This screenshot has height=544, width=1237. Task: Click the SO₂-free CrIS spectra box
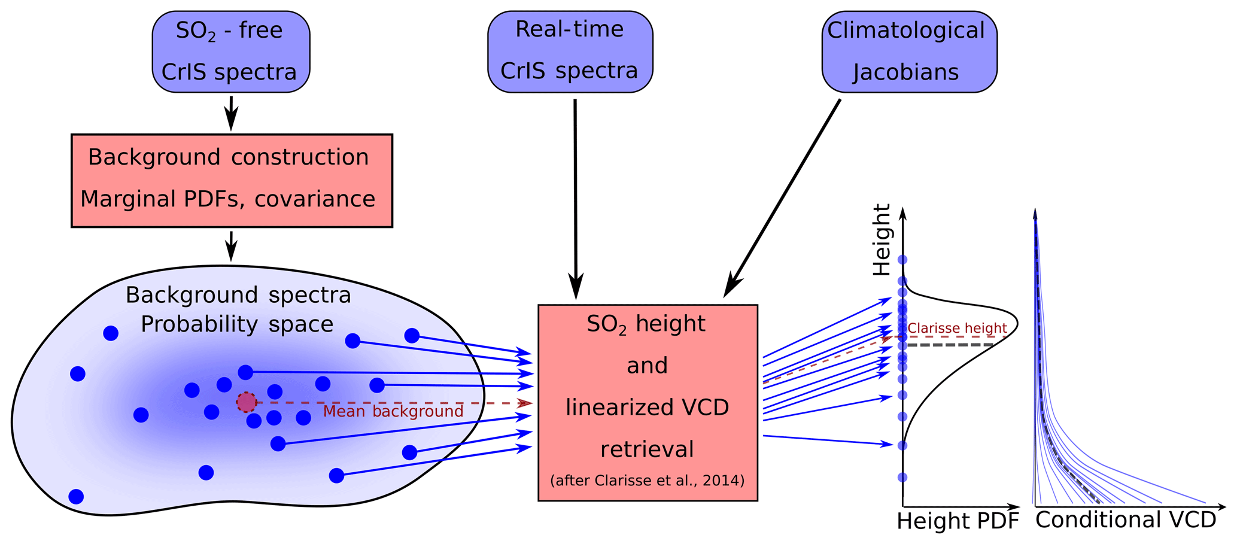[231, 51]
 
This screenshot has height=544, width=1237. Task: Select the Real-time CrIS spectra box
[570, 51]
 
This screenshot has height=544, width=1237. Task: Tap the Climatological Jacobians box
[909, 51]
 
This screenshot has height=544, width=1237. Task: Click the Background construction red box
[232, 181]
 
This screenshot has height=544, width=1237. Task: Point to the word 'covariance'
[315, 199]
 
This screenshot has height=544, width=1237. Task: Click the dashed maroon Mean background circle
[246, 402]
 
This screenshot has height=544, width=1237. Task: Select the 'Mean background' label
[393, 411]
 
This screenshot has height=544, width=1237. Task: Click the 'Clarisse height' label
[958, 328]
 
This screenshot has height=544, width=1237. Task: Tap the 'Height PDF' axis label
[958, 521]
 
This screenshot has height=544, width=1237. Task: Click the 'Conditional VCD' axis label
[1126, 519]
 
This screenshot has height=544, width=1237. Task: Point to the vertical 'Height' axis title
[882, 239]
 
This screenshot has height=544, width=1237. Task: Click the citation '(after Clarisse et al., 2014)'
[647, 480]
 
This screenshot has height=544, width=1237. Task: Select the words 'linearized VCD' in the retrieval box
[647, 407]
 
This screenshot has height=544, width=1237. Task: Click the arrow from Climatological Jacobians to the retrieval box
[782, 198]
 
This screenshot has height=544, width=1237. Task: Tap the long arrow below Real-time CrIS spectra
[575, 199]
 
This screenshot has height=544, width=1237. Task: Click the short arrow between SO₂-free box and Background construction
[231, 113]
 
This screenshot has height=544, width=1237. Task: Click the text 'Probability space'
[237, 324]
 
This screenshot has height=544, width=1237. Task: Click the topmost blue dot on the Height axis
[902, 260]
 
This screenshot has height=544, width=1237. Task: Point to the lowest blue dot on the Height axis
[902, 477]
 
